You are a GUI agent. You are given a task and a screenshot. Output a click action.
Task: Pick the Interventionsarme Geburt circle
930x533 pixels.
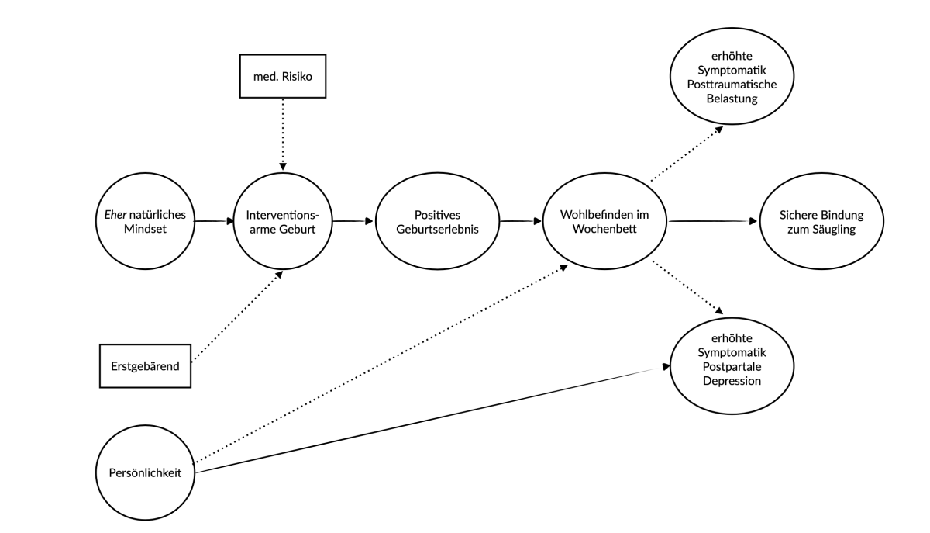[x=282, y=220]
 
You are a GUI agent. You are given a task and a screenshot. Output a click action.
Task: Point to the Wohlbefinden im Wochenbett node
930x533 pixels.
[x=604, y=220]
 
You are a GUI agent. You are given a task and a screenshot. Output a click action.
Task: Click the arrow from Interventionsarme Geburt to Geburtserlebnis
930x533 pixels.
[x=353, y=221]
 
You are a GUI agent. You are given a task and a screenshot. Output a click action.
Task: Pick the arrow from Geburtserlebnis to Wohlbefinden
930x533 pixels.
[x=520, y=221]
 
